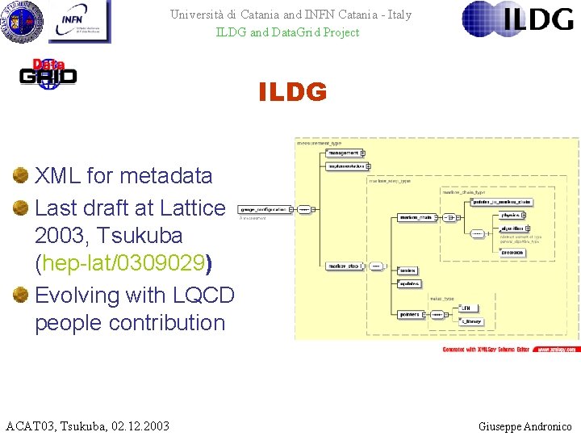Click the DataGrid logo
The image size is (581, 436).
coord(48,73)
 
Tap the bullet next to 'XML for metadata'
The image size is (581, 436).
coord(21,175)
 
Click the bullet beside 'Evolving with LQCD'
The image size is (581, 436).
coord(21,295)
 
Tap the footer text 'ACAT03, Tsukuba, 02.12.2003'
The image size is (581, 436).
coord(87,426)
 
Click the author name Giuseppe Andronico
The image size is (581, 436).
coord(525,426)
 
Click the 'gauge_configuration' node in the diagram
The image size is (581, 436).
coord(265,208)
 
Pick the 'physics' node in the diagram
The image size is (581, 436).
coord(512,216)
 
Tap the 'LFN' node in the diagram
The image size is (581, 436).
coord(469,308)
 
